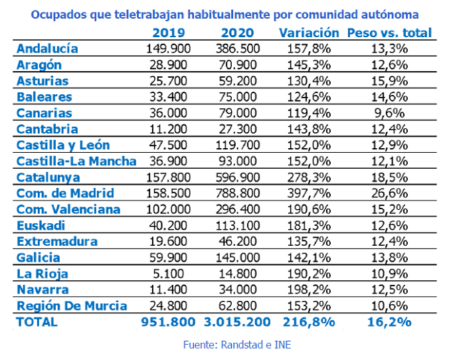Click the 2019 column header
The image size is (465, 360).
[169, 33]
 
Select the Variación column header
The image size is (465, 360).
[306, 33]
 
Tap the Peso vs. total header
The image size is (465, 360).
[389, 33]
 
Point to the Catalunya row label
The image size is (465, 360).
[48, 177]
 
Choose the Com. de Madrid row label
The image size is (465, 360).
[65, 193]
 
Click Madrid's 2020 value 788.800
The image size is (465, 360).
[238, 193]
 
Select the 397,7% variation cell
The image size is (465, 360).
[306, 193]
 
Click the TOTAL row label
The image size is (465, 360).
[37, 322]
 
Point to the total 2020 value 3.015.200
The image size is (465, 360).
[238, 322]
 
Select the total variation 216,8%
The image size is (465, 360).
[306, 322]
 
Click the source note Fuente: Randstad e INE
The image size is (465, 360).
[237, 345]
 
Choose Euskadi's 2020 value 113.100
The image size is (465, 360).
[238, 225]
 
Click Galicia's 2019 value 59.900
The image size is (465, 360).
[169, 258]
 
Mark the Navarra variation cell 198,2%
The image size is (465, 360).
[306, 290]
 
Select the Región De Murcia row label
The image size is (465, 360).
[71, 306]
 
